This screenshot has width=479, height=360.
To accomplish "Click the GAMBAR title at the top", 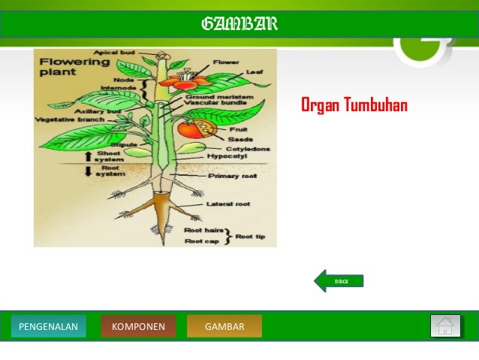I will point(239,25).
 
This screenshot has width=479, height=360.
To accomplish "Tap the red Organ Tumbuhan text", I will point(354,104).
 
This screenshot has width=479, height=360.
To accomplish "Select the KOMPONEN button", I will point(138,326).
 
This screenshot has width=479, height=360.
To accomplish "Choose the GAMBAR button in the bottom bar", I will point(224,326).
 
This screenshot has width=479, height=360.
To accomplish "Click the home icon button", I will point(445,326).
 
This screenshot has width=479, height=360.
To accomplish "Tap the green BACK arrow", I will point(339,281).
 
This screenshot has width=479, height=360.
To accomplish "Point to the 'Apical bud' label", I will point(115,53).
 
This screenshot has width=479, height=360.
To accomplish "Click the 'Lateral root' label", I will point(228,204).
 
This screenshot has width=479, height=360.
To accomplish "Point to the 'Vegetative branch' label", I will point(68,119).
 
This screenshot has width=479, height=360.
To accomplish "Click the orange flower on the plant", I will point(180,77).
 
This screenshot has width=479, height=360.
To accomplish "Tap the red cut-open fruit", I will point(192,128).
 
